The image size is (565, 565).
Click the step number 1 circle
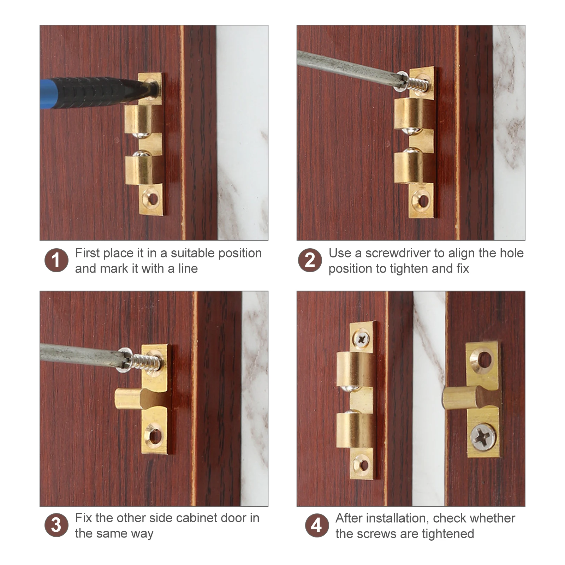[x=56, y=260]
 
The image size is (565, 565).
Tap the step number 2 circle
[x=310, y=260]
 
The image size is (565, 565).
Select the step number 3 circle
[x=56, y=525]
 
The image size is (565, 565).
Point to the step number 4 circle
[x=317, y=525]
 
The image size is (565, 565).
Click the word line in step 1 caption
[x=188, y=269]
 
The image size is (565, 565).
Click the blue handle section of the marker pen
[x=46, y=94]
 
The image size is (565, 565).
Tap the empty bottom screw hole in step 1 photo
[x=153, y=199]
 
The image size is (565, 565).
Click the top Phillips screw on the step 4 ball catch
[x=361, y=340]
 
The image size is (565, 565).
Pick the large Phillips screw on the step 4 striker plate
[x=483, y=437]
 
